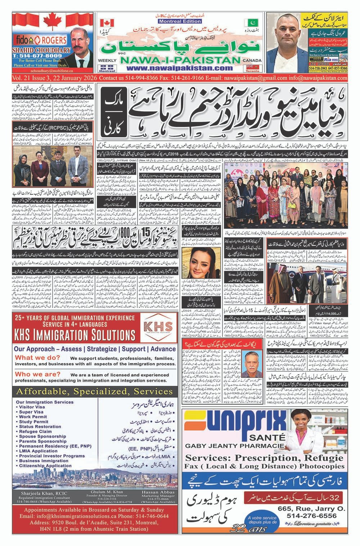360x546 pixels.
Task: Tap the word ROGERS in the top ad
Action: click(x=45, y=40)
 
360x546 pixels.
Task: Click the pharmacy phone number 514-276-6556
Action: click(x=312, y=516)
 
